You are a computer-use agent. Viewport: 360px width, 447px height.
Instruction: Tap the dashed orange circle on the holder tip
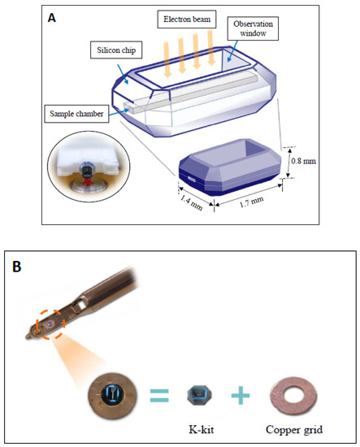tap(50, 326)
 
